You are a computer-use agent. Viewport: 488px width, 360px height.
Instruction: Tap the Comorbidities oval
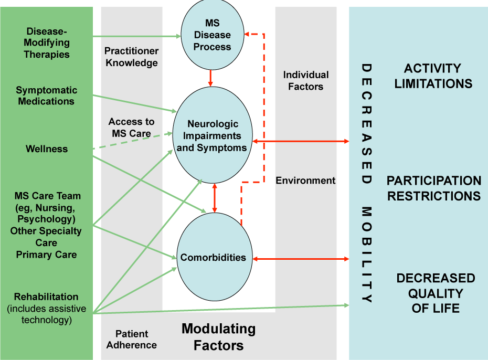point(213,258)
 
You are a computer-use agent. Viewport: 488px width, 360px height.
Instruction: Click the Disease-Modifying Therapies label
point(47,43)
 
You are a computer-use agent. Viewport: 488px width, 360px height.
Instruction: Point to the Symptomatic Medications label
point(46,96)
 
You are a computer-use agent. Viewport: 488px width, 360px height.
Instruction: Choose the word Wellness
point(47,149)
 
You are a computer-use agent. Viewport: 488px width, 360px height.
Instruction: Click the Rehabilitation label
point(46,297)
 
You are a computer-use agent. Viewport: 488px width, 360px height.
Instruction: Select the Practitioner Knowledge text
point(131,57)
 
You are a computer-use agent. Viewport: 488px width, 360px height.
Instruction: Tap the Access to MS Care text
point(131,128)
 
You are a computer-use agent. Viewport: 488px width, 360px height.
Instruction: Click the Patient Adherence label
point(132,340)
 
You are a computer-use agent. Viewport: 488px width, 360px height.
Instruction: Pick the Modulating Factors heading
point(218,337)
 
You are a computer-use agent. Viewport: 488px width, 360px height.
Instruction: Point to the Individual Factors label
point(306,80)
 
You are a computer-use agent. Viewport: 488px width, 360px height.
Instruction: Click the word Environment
point(306,181)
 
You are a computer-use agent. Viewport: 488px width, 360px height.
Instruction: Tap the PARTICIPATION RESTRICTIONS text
point(433,188)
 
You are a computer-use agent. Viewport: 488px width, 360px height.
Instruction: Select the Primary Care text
point(46,255)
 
